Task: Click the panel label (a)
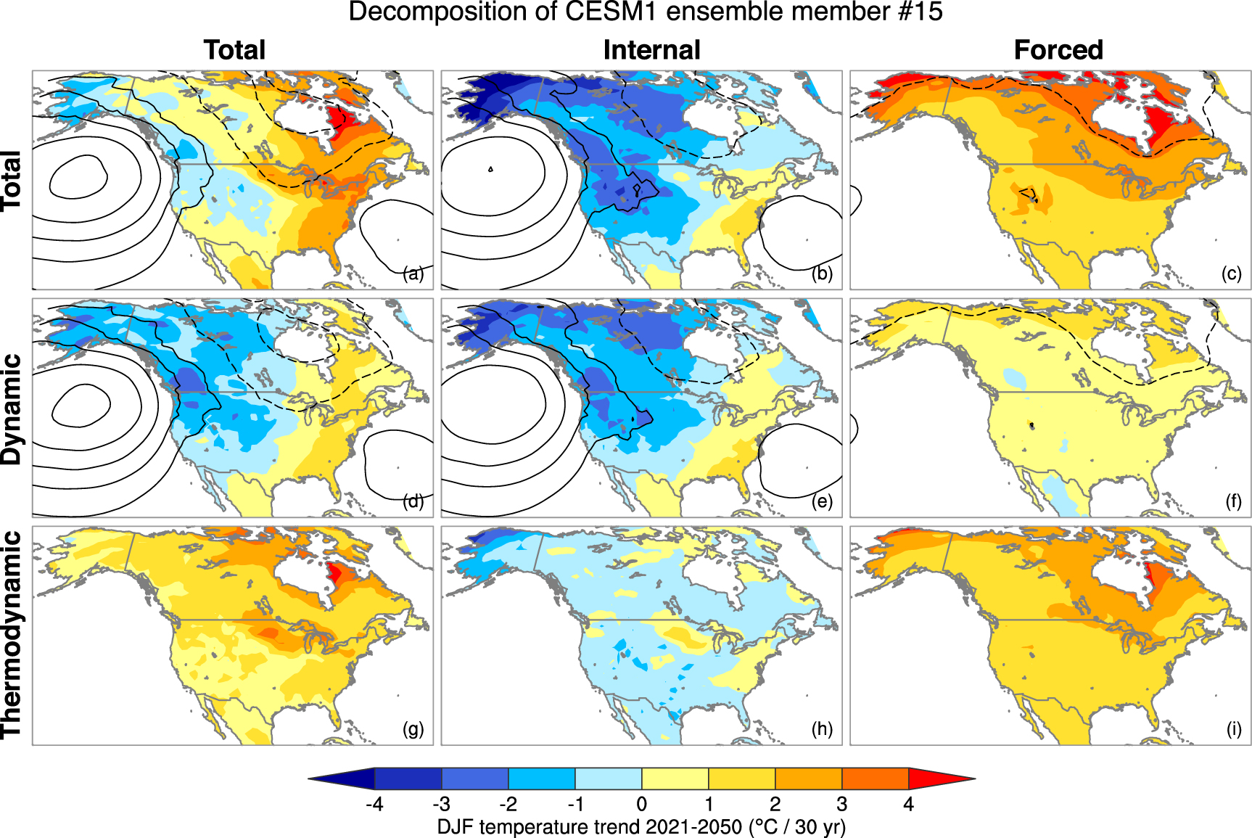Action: click(x=413, y=274)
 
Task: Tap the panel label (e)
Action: click(x=822, y=501)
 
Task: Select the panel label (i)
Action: click(x=1233, y=729)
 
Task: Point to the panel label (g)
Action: click(x=413, y=729)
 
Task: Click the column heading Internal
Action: click(x=651, y=50)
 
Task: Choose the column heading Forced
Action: click(x=1058, y=50)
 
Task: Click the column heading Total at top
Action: click(x=234, y=50)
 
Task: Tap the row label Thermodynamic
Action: click(x=12, y=634)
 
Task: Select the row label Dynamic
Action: click(x=12, y=408)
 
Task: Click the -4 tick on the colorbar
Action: click(x=374, y=804)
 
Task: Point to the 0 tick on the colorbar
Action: click(x=642, y=804)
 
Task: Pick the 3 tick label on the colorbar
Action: click(x=841, y=804)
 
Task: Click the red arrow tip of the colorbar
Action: click(x=943, y=779)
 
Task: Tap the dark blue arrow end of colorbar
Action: click(x=341, y=779)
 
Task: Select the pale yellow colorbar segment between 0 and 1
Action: click(x=675, y=779)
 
